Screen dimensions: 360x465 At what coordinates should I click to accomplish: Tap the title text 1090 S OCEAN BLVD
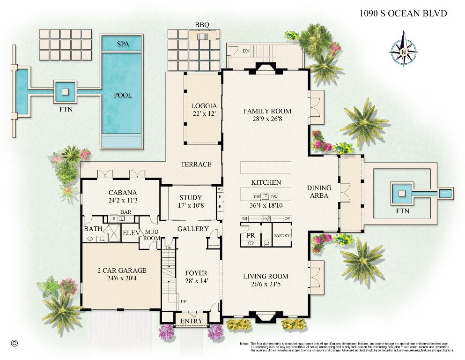pyautogui.click(x=403, y=13)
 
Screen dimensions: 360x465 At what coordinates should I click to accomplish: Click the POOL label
pyautogui.click(x=123, y=95)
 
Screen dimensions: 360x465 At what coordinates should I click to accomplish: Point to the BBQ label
pyautogui.click(x=202, y=24)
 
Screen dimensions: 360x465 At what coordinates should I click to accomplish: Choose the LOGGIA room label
pyautogui.click(x=203, y=106)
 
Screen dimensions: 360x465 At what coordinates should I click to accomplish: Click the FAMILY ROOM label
pyautogui.click(x=267, y=111)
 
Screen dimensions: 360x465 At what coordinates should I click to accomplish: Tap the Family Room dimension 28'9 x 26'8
pyautogui.click(x=267, y=119)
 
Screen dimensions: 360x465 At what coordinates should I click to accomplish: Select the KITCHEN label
pyautogui.click(x=266, y=182)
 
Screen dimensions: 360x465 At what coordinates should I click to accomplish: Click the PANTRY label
pyautogui.click(x=282, y=235)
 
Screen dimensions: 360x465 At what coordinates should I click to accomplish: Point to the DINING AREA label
pyautogui.click(x=319, y=192)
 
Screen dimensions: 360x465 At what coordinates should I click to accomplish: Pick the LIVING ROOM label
pyautogui.click(x=266, y=276)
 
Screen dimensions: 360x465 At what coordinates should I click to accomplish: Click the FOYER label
pyautogui.click(x=196, y=273)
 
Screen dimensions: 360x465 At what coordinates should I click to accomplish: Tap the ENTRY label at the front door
pyautogui.click(x=192, y=321)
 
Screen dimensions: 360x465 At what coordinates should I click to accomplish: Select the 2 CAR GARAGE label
pyautogui.click(x=122, y=270)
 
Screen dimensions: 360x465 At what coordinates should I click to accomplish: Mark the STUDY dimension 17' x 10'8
pyautogui.click(x=191, y=205)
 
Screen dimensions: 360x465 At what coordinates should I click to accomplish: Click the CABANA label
pyautogui.click(x=123, y=193)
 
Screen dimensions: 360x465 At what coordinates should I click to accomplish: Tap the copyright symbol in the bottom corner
pyautogui.click(x=14, y=343)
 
